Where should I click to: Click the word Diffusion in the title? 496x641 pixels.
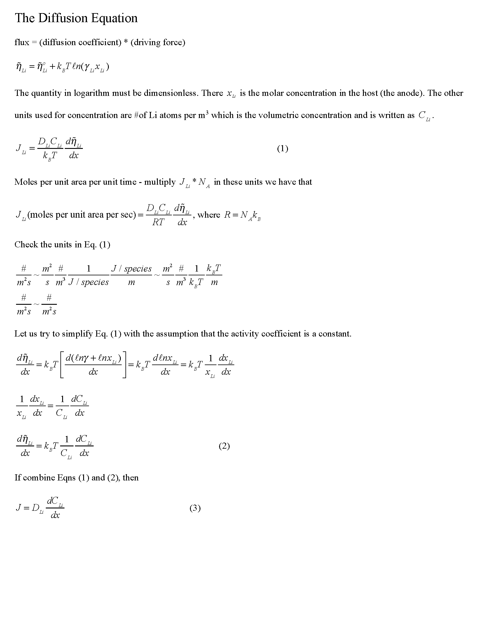click(x=63, y=18)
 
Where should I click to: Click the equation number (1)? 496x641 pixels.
click(x=282, y=149)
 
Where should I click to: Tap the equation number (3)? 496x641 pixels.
click(x=195, y=508)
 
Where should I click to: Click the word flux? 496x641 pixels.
click(x=22, y=43)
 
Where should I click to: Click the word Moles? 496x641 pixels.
click(x=26, y=182)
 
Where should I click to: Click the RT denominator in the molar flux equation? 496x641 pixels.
click(x=158, y=222)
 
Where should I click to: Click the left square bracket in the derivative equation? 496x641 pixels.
click(x=62, y=365)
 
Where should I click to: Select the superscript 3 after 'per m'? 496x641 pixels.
click(x=207, y=112)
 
